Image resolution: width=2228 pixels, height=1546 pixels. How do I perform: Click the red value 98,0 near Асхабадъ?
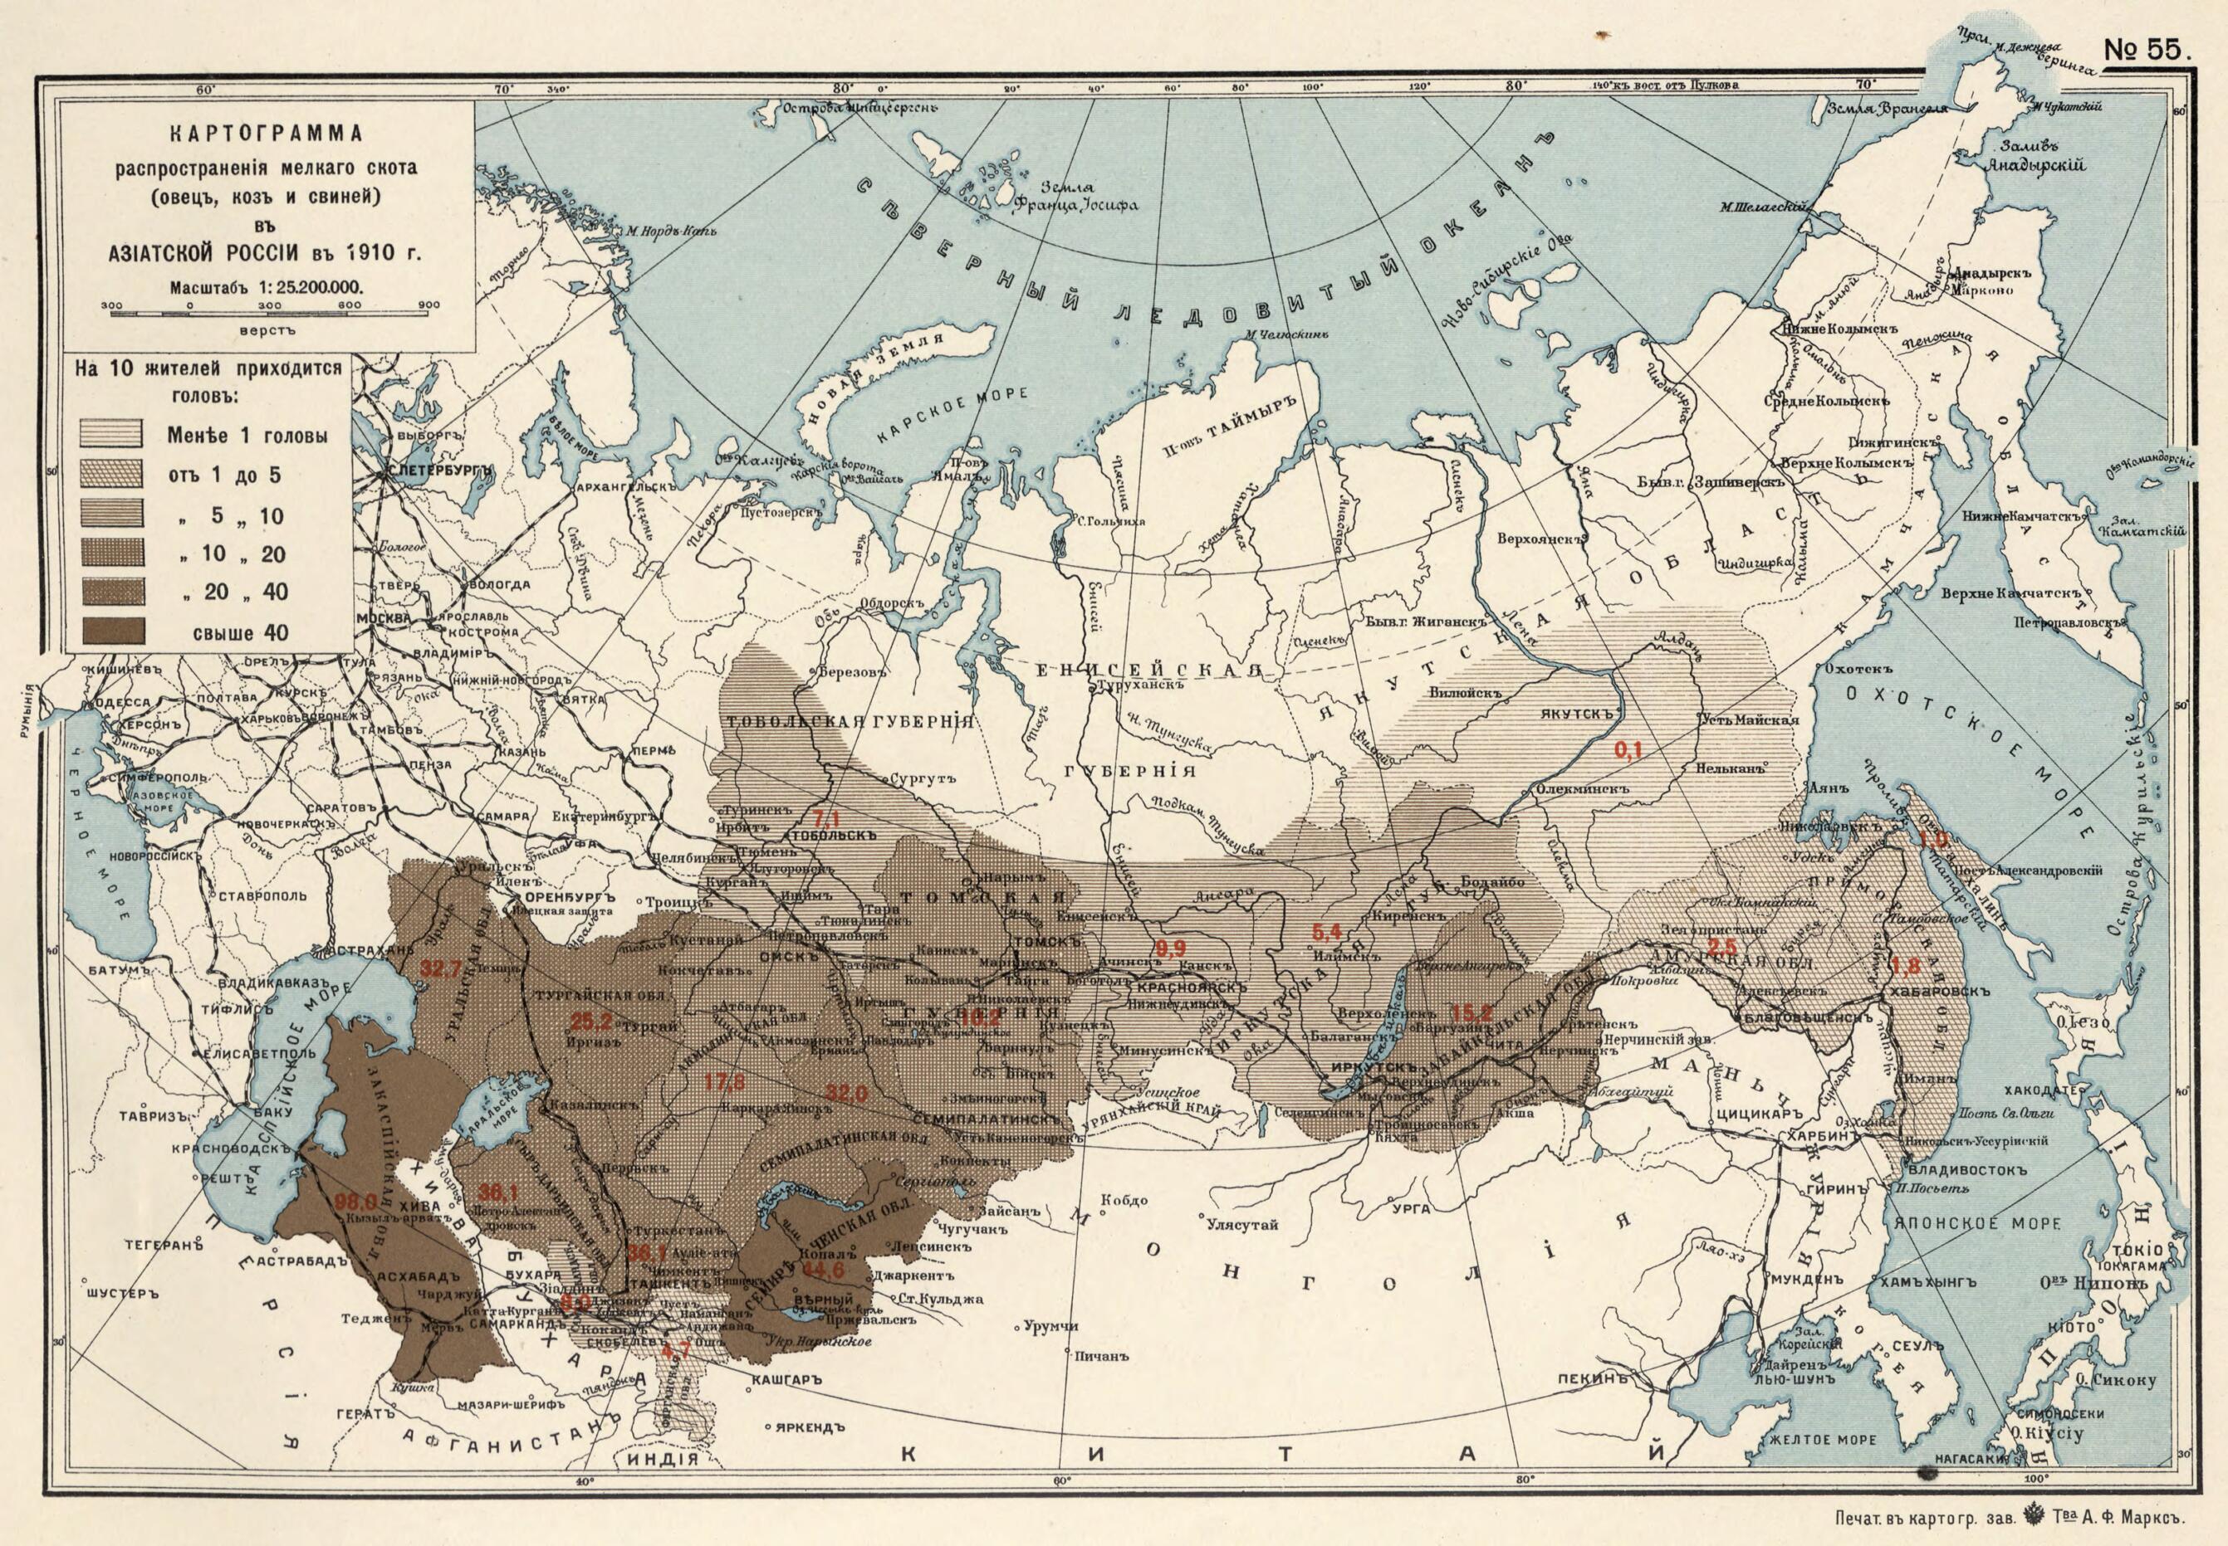[x=355, y=1203]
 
